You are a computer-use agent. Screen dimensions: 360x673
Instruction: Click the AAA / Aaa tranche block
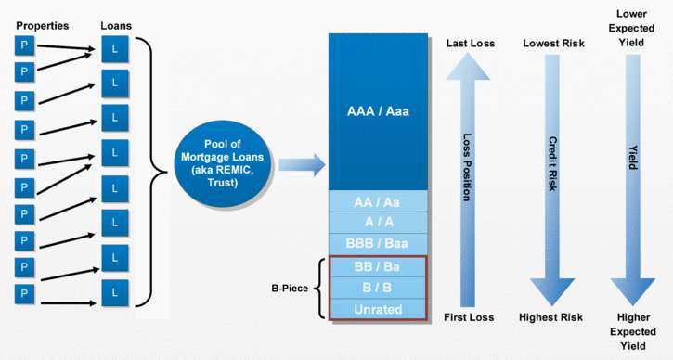[378, 111]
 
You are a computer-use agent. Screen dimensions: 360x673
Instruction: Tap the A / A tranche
[378, 223]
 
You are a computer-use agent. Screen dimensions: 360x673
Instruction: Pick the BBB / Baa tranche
[378, 244]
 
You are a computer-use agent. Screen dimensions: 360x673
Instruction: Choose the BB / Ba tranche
[378, 267]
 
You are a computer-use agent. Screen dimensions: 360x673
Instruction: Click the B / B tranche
[378, 288]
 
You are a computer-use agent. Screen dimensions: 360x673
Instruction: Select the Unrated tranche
[378, 308]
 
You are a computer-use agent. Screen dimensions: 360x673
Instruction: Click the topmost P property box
[23, 45]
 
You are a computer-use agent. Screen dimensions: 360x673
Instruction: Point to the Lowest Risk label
[552, 44]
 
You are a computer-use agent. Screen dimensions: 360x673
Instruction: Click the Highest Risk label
[552, 318]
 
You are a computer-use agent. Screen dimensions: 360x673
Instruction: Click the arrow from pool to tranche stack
[302, 165]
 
